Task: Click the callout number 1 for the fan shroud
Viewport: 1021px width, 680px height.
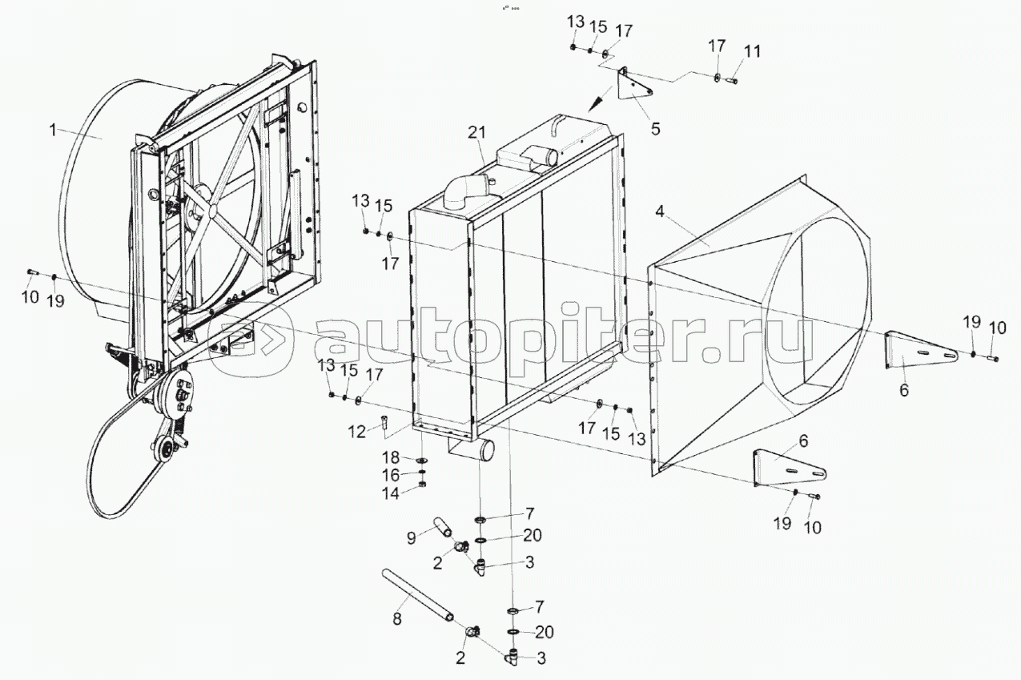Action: coord(53,128)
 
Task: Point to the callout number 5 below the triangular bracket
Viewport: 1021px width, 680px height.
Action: coord(655,127)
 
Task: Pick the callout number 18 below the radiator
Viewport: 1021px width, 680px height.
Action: coord(390,457)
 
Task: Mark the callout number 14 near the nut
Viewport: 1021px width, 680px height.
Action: coord(390,492)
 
